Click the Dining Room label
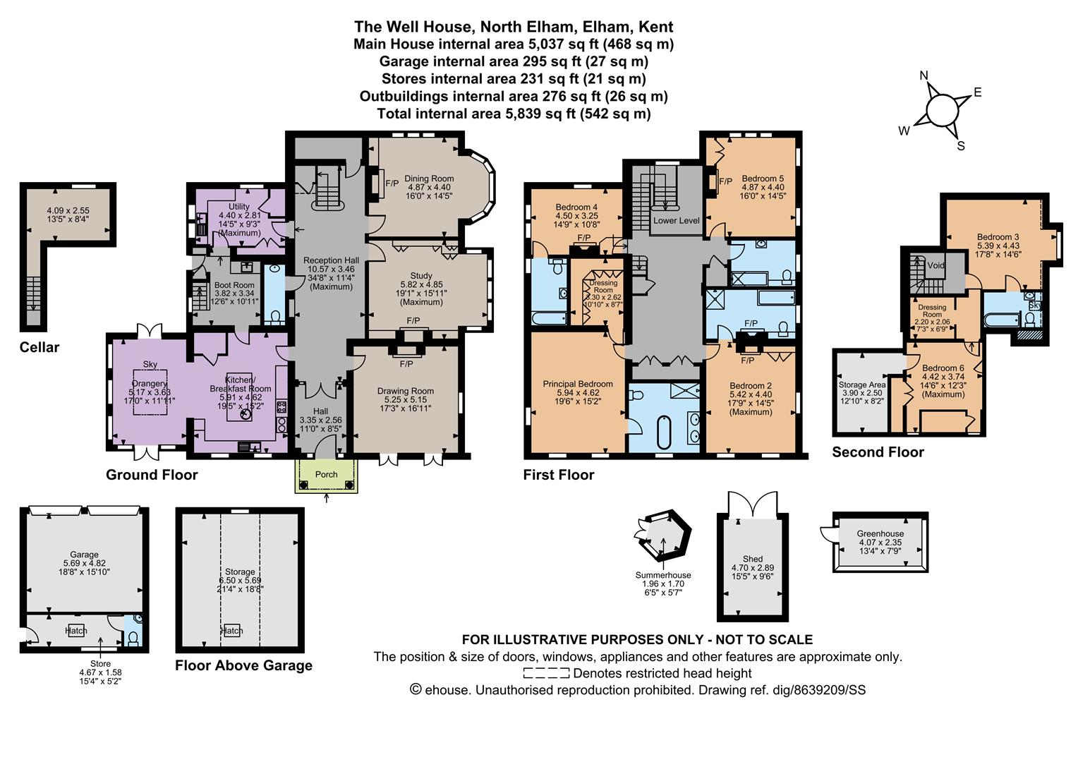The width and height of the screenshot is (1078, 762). pyautogui.click(x=428, y=179)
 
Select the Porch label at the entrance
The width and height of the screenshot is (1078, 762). pyautogui.click(x=326, y=474)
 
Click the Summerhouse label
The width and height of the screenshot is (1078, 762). pyautogui.click(x=663, y=575)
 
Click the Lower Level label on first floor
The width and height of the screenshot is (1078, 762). pyautogui.click(x=675, y=221)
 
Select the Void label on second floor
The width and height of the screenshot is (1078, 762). pyautogui.click(x=935, y=266)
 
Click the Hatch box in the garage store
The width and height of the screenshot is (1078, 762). pyautogui.click(x=75, y=630)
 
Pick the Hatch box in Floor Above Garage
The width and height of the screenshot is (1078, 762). pyautogui.click(x=231, y=631)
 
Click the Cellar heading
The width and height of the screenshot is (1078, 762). pyautogui.click(x=40, y=347)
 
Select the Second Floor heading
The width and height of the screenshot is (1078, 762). pyautogui.click(x=878, y=452)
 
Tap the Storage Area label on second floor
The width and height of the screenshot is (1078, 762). pyautogui.click(x=861, y=385)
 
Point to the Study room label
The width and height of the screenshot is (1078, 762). pyautogui.click(x=421, y=276)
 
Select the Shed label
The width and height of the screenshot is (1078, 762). pyautogui.click(x=752, y=559)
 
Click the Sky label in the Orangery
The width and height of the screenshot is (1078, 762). pyautogui.click(x=150, y=364)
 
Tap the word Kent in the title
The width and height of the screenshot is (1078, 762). pyautogui.click(x=655, y=27)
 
